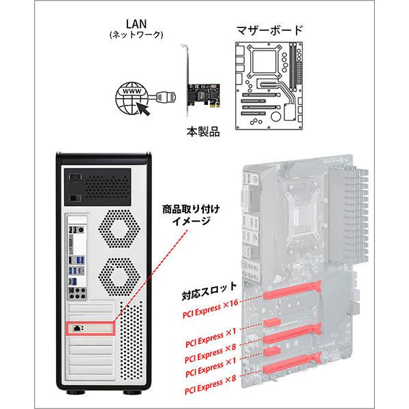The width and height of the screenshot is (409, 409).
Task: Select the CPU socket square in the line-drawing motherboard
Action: click(x=262, y=63)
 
